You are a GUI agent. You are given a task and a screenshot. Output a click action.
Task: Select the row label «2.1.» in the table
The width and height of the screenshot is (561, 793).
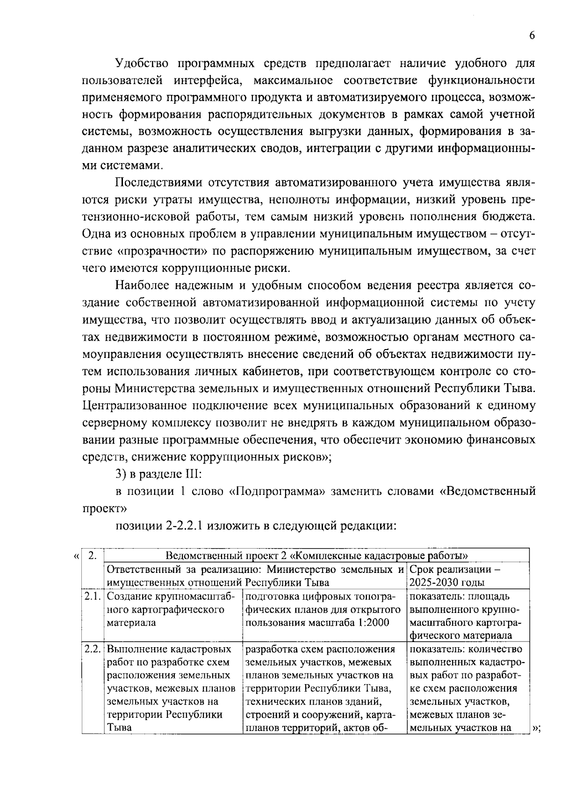(92, 597)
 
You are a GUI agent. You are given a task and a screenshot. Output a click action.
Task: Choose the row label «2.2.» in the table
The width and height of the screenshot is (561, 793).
(92, 650)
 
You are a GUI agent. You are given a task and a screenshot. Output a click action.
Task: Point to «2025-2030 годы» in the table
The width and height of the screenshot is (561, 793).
(446, 583)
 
